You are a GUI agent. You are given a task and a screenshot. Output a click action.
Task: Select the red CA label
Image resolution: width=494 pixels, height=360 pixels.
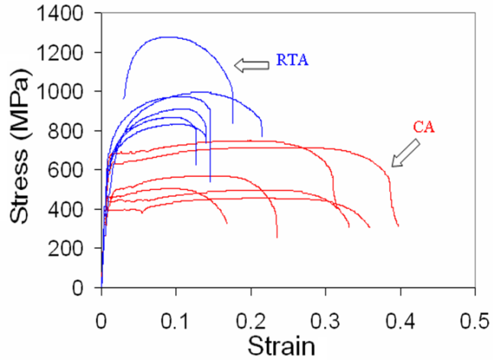424,128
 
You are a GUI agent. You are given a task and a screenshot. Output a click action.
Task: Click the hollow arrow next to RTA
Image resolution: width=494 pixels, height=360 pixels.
252,66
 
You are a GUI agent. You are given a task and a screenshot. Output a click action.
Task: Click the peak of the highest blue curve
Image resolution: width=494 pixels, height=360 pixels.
164,37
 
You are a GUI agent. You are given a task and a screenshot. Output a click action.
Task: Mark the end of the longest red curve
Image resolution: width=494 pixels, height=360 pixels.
398,226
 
